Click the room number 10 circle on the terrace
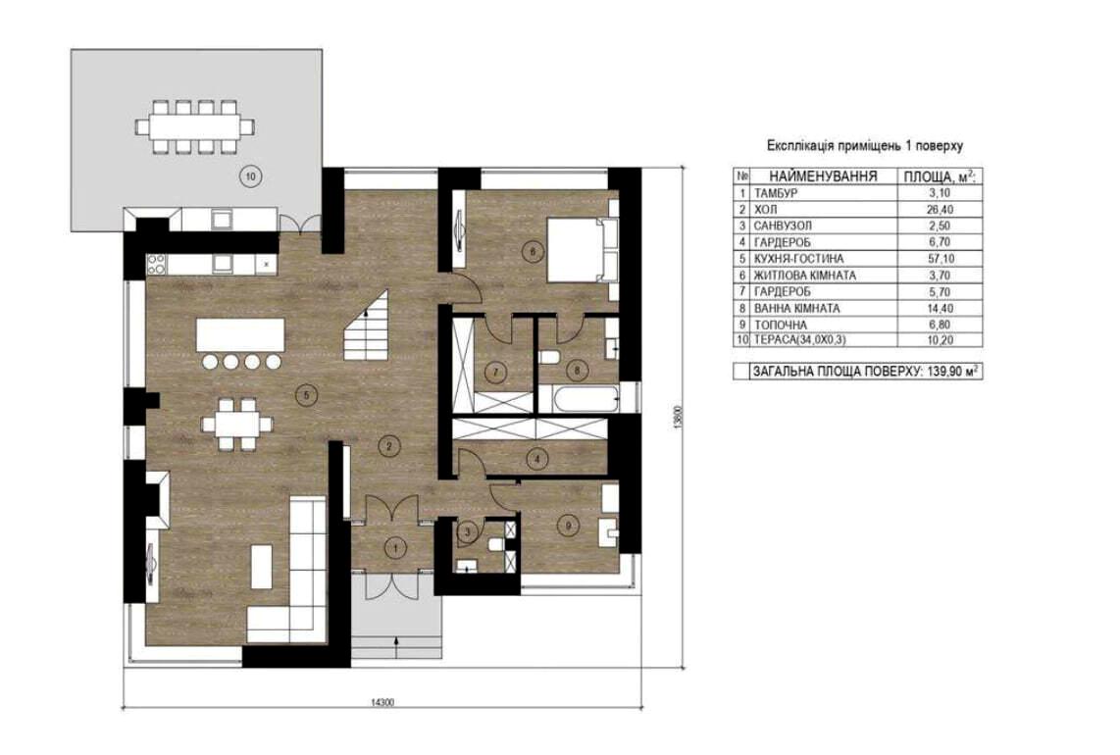[x=250, y=175]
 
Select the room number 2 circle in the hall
[x=388, y=448]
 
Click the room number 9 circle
[x=569, y=527]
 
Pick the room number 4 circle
[x=537, y=459]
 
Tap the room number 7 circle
[x=494, y=373]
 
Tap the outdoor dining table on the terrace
[x=195, y=127]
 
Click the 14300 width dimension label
[x=382, y=701]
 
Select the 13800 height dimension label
[x=679, y=417]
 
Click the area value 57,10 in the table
[x=939, y=259]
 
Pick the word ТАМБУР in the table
[x=776, y=193]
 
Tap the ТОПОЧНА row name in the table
[x=781, y=325]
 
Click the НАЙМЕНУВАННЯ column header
[x=823, y=176]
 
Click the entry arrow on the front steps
[x=395, y=644]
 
